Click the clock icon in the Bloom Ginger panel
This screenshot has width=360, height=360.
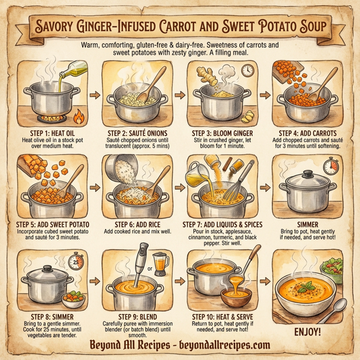point(247,70)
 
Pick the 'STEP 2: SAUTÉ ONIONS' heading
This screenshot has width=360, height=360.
point(136,133)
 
